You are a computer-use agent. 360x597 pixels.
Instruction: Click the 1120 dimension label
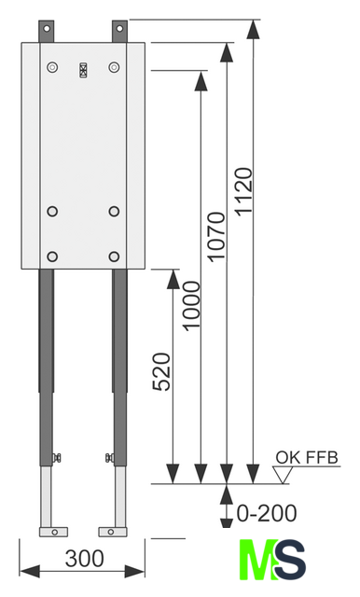pyautogui.click(x=243, y=191)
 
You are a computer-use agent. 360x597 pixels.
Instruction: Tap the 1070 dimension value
pyautogui.click(x=216, y=237)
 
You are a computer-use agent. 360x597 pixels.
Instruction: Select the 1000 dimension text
pyautogui.click(x=190, y=306)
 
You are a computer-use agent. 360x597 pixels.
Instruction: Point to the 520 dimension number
pyautogui.click(x=161, y=372)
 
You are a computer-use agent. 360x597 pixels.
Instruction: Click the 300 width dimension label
pyautogui.click(x=84, y=559)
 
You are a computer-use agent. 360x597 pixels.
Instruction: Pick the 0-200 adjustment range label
pyautogui.click(x=267, y=513)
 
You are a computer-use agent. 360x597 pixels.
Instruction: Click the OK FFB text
pyautogui.click(x=307, y=457)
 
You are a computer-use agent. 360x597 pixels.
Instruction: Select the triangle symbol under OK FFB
pyautogui.click(x=283, y=475)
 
